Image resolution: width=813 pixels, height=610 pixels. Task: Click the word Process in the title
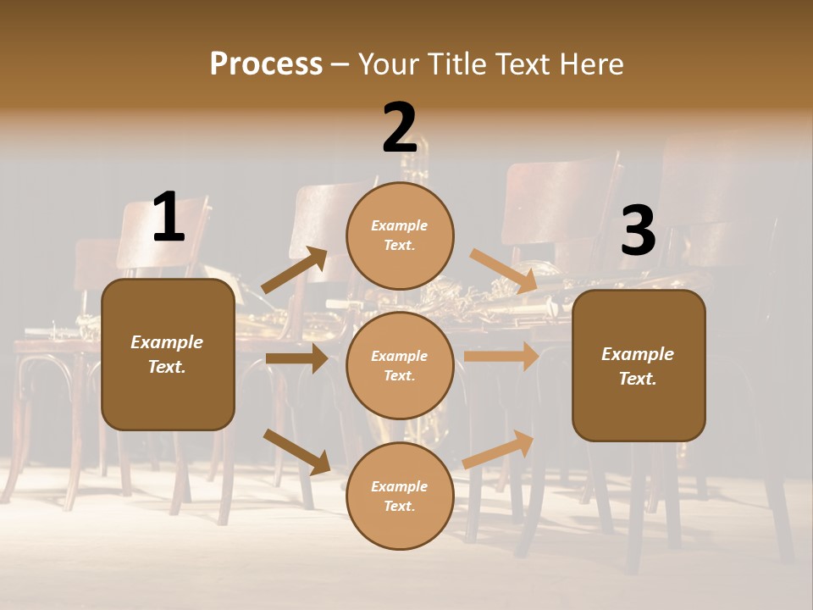pos(266,64)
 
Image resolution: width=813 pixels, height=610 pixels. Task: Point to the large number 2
pos(400,128)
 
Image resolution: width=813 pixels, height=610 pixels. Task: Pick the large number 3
pos(638,231)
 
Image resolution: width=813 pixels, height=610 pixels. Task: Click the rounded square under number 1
pos(168,354)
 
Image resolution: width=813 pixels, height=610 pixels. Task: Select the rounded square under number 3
pos(639,366)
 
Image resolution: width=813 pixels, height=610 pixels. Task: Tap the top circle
pos(400,235)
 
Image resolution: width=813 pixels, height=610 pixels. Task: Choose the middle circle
pos(400,365)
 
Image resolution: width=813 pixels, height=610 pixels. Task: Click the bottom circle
pos(400,496)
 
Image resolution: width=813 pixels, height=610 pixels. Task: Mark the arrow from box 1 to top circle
pos(294,271)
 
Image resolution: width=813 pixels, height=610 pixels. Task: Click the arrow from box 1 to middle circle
pos(296,358)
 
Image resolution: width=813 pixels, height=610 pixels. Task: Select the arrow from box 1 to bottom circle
pos(296,452)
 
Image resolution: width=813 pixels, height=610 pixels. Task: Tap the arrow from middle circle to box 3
pos(501,356)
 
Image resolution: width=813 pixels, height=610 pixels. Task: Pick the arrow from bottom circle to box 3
pos(498,449)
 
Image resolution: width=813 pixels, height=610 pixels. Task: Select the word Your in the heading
pos(386,64)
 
